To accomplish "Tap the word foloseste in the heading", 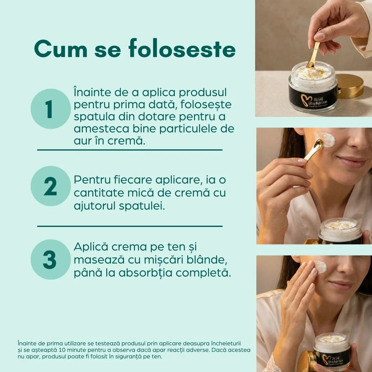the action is click(x=182, y=49).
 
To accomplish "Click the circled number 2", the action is click(x=51, y=186).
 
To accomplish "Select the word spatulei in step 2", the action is click(x=142, y=206).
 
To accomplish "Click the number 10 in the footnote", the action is click(x=63, y=350).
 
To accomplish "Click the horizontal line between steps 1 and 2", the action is click(x=130, y=150).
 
